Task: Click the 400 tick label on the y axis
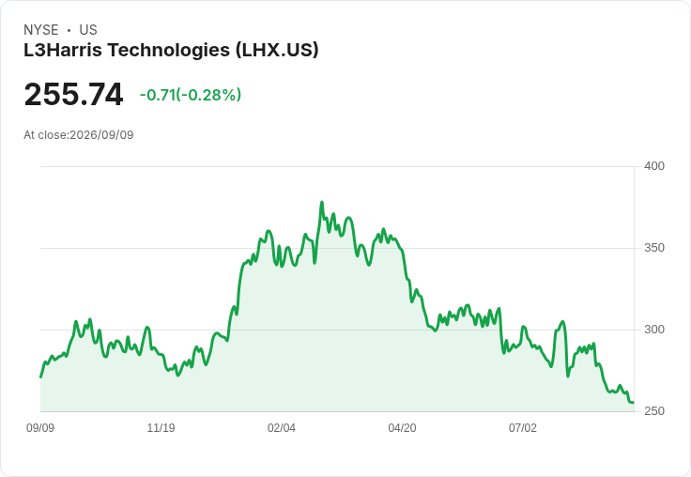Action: (654, 166)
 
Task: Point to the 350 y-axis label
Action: (654, 248)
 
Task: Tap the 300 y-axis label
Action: (654, 330)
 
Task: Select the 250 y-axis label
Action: (654, 411)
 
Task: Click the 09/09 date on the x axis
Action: (40, 428)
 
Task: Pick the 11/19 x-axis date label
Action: (161, 428)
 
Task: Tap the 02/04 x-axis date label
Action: (281, 428)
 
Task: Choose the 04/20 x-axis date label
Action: (402, 428)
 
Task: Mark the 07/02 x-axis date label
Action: (523, 428)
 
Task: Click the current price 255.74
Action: (73, 94)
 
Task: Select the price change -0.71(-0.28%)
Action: (191, 95)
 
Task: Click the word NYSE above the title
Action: (41, 30)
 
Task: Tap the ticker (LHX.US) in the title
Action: (277, 50)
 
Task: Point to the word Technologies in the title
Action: (169, 50)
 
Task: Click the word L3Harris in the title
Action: (63, 50)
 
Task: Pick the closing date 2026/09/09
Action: (101, 135)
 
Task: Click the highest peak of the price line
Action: (322, 203)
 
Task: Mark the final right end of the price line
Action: (633, 402)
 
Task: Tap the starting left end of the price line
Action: (41, 377)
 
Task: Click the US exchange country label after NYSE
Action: (88, 30)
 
